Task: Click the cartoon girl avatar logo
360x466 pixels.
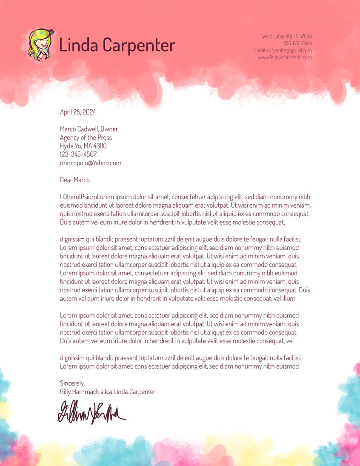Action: [x=40, y=45]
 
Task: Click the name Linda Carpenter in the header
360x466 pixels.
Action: [x=117, y=45]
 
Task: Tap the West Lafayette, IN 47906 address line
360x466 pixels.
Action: [x=287, y=37]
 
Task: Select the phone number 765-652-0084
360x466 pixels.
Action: [x=297, y=43]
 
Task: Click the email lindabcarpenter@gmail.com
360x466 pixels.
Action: [x=283, y=50]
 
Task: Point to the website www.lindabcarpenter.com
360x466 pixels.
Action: [x=285, y=57]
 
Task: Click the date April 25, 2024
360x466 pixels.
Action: [x=78, y=112]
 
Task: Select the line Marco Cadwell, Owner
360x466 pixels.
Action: [x=89, y=129]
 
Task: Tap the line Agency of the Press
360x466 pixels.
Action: [x=86, y=137]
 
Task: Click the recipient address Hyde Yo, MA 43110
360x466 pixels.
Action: [x=83, y=146]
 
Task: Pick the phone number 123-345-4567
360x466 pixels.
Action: [x=78, y=154]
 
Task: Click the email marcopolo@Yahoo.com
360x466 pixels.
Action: [x=91, y=163]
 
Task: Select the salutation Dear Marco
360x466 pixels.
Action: [x=75, y=180]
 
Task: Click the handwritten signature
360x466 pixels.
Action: [x=91, y=412]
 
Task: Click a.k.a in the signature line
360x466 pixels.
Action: [x=106, y=392]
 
